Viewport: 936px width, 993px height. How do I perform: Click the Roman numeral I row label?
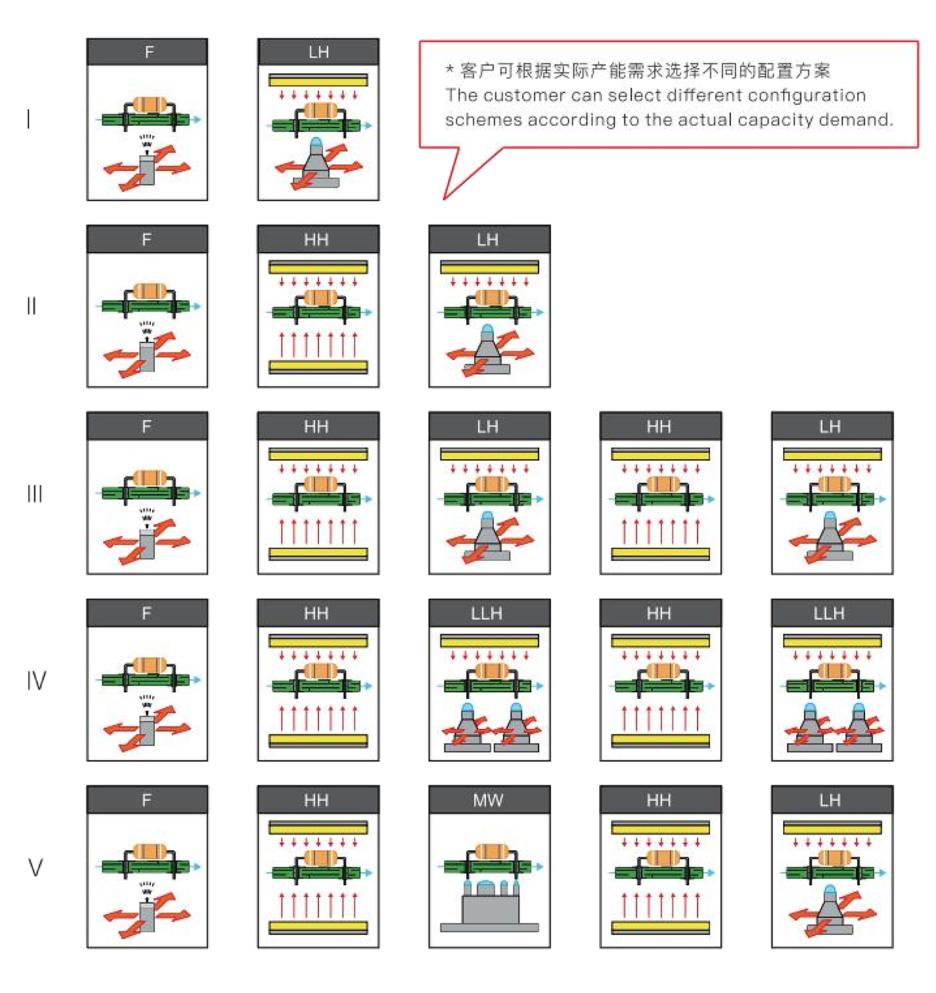pyautogui.click(x=28, y=119)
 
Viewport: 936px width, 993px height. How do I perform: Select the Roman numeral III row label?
pyautogui.click(x=34, y=493)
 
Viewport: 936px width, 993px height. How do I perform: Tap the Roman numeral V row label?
pyautogui.click(x=35, y=867)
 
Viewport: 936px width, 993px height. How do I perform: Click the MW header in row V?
pyautogui.click(x=489, y=800)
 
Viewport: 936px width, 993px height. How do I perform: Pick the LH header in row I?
pyautogui.click(x=318, y=52)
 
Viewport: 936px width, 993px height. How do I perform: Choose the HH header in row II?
pyautogui.click(x=316, y=239)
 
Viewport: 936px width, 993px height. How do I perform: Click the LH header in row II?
pyautogui.click(x=488, y=239)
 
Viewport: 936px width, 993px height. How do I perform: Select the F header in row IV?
pyautogui.click(x=147, y=613)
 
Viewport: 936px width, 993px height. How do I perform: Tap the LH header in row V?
pyautogui.click(x=830, y=800)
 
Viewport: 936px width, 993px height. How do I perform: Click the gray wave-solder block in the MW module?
pyautogui.click(x=489, y=912)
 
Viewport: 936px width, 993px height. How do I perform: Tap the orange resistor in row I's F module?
pyautogui.click(x=149, y=105)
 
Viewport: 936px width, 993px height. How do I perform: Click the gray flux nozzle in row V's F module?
pyautogui.click(x=147, y=916)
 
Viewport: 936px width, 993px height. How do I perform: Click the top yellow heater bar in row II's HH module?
pyautogui.click(x=318, y=266)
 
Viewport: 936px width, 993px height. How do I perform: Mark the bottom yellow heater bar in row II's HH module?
pyautogui.click(x=318, y=366)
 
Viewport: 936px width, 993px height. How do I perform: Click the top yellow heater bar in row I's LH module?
pyautogui.click(x=318, y=80)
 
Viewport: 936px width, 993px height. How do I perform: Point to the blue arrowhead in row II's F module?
pyautogui.click(x=197, y=306)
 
